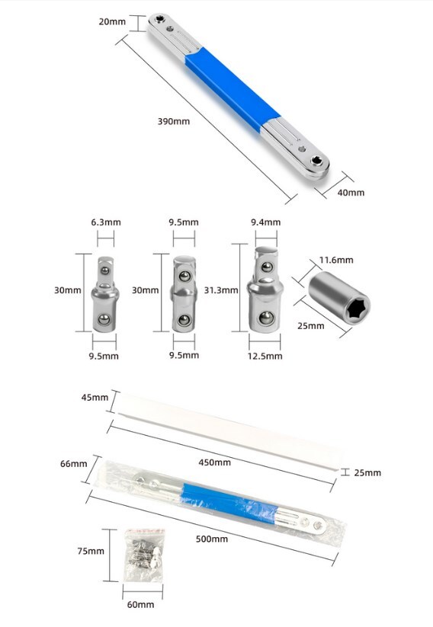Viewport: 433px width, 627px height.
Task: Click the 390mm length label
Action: tap(174, 121)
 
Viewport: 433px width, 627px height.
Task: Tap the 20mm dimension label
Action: tap(112, 21)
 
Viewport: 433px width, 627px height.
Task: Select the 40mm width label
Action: tap(351, 192)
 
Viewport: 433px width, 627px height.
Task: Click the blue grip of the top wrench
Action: tap(233, 89)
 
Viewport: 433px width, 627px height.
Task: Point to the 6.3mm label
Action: tap(106, 222)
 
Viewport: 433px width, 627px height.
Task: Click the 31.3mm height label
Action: tap(221, 290)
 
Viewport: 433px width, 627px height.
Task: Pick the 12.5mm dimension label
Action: tap(265, 356)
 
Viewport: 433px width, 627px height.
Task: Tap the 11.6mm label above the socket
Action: tap(336, 260)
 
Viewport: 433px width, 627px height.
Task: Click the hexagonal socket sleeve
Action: tap(339, 295)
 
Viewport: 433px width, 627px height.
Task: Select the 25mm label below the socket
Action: tap(310, 326)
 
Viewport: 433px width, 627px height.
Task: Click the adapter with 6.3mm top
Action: tap(105, 294)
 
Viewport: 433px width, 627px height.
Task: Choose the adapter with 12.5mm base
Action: tap(265, 289)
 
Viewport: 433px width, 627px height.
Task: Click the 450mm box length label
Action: tap(214, 462)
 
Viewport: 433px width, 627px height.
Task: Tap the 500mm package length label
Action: tap(212, 539)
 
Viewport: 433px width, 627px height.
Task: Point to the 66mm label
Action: tap(74, 463)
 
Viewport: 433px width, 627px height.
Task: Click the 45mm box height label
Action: tap(95, 398)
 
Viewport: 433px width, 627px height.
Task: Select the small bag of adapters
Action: tap(144, 555)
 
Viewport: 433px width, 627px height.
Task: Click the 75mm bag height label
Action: tap(91, 551)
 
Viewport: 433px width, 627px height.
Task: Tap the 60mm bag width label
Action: tap(140, 604)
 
